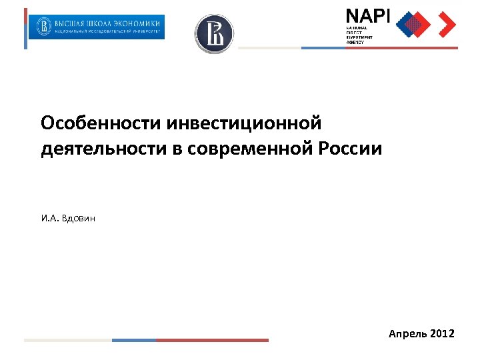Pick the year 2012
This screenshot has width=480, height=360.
(x=442, y=333)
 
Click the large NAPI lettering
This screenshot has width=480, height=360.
(x=367, y=16)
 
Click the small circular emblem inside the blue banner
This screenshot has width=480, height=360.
(x=45, y=27)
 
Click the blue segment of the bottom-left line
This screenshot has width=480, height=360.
(x=133, y=340)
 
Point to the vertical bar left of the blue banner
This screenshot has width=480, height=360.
(x=26, y=28)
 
